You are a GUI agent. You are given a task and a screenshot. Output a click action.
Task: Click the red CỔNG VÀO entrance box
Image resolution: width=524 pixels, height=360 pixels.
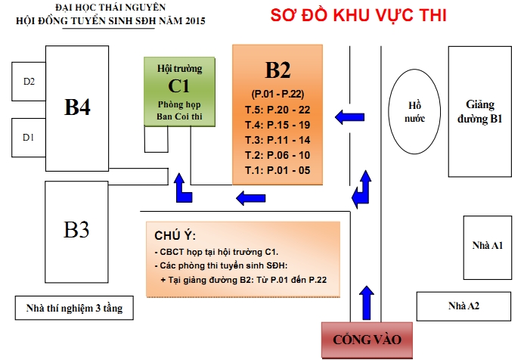tap(367, 340)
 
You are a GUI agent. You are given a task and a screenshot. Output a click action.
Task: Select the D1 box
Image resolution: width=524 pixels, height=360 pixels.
tap(29, 137)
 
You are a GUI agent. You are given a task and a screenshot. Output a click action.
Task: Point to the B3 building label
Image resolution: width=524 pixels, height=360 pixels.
tap(76, 229)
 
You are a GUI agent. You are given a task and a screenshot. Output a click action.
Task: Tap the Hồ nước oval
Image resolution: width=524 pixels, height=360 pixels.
tap(413, 111)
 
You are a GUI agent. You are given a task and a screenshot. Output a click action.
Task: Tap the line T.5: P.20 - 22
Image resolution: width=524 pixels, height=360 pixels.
tap(278, 109)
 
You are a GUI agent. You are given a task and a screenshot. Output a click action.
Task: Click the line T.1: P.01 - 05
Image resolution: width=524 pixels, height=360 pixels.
tap(278, 170)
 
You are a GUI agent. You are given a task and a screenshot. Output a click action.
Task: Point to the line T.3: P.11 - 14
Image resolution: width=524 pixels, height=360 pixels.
tap(278, 140)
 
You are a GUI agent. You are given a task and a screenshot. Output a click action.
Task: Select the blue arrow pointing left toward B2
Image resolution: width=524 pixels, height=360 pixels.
tap(349, 116)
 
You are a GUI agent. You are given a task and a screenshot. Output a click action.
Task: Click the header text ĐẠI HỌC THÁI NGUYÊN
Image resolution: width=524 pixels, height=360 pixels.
tap(110, 8)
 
